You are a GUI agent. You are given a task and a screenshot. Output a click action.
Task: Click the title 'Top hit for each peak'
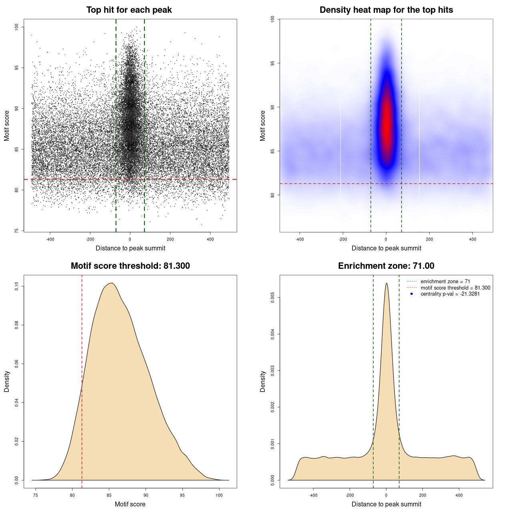129,10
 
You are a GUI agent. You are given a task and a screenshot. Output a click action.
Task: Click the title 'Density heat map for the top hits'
386,10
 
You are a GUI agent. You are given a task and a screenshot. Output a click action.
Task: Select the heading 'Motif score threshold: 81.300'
130,266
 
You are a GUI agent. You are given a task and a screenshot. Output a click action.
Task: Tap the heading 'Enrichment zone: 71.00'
386,266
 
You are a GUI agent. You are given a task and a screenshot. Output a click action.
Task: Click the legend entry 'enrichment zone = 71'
445,282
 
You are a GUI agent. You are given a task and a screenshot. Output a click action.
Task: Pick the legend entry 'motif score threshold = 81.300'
455,288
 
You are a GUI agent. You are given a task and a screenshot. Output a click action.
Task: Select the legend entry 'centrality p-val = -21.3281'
450,294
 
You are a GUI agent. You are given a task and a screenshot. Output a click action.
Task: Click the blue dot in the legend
412,294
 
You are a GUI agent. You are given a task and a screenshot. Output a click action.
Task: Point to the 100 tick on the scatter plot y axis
16,27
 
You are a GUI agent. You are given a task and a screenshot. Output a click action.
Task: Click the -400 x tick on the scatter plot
50,239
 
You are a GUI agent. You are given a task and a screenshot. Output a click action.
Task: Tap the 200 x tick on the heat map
429,239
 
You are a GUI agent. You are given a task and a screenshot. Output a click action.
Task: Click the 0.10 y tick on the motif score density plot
16,286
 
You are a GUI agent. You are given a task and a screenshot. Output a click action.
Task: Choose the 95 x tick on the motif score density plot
182,495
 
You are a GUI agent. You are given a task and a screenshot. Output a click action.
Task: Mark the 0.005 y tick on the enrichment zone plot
272,297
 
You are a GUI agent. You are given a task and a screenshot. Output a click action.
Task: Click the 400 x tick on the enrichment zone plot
459,495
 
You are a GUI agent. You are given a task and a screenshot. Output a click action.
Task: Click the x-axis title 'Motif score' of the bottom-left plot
130,504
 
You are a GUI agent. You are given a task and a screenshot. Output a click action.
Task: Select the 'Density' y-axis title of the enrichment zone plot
263,381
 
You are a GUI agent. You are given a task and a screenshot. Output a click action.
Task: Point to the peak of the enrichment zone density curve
386,284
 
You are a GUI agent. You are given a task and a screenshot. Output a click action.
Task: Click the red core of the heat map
386,128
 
